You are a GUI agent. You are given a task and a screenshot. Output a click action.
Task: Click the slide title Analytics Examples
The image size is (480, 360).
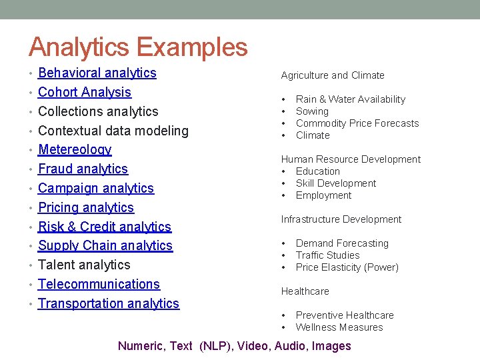click(x=138, y=47)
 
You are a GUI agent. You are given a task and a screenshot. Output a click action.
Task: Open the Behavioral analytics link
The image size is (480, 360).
click(x=97, y=73)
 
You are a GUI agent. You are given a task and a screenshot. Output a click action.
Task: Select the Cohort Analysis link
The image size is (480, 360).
click(x=85, y=93)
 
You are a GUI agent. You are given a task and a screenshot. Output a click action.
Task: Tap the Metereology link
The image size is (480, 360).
click(x=75, y=150)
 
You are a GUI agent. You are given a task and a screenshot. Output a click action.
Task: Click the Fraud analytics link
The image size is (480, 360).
click(x=83, y=169)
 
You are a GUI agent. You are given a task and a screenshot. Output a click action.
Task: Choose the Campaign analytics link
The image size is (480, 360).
click(x=96, y=189)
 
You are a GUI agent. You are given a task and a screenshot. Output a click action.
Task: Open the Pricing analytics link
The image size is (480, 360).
click(x=86, y=208)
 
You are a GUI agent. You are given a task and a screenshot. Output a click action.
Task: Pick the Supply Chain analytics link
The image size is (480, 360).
click(x=105, y=246)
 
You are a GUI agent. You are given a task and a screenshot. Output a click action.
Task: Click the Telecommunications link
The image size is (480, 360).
click(x=99, y=285)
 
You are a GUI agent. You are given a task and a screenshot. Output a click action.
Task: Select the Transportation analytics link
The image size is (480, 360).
click(x=109, y=304)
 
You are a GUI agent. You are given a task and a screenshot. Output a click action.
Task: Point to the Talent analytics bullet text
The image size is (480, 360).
click(x=84, y=265)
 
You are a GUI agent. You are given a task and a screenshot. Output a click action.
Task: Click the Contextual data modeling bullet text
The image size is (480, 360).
click(x=113, y=131)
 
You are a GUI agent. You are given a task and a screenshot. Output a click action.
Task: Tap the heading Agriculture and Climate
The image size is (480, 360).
click(x=333, y=75)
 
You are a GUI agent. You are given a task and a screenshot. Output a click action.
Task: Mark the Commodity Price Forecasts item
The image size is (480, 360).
click(x=357, y=123)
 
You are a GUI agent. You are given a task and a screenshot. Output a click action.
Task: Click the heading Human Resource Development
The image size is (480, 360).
click(x=351, y=159)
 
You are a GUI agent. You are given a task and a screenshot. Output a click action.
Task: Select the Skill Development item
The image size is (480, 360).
click(x=336, y=183)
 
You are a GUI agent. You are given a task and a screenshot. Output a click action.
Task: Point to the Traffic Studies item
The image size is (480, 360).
click(x=327, y=255)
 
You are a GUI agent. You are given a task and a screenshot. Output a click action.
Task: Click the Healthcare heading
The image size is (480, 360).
click(x=305, y=291)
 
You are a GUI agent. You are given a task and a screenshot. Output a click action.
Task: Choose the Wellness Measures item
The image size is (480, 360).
click(x=339, y=327)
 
